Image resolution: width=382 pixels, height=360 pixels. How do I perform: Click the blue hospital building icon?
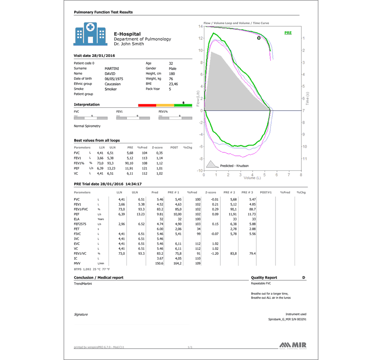[90, 33]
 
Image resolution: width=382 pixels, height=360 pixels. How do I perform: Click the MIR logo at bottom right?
[293, 345]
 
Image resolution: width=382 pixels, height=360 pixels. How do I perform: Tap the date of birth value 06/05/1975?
[114, 78]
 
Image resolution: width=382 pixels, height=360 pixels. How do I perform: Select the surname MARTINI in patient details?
[112, 68]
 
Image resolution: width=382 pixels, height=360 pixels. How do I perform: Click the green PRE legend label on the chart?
[288, 33]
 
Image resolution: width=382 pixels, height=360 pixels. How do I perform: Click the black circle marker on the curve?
[258, 38]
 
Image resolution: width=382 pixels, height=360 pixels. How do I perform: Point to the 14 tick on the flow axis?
[200, 27]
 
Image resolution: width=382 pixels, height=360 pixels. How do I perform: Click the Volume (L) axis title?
[252, 178]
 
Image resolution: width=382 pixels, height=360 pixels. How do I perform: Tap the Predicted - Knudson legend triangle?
[211, 164]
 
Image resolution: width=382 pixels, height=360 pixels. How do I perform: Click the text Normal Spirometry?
[87, 126]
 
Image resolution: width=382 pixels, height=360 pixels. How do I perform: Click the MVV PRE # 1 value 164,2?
[177, 263]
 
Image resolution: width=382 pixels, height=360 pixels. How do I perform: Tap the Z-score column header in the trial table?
[211, 193]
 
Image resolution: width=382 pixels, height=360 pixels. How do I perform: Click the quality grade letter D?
[303, 278]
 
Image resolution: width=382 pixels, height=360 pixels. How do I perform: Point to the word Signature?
[81, 315]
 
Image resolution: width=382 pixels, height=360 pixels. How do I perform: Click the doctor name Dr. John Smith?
[129, 44]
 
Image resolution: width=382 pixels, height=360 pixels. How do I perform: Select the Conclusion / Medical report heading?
[98, 278]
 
